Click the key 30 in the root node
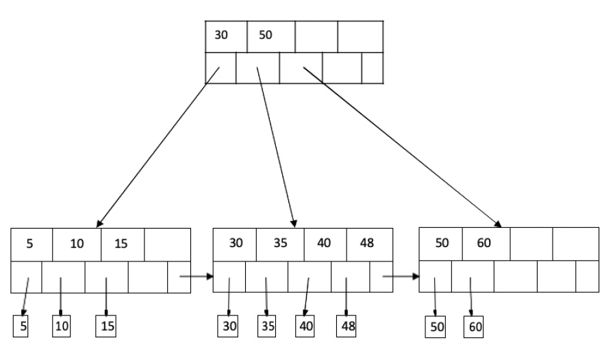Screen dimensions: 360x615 222,36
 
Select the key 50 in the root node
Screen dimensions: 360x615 265,36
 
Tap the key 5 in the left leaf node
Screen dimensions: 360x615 29,244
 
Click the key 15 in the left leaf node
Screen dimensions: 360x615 121,244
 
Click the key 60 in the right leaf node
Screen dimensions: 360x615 485,244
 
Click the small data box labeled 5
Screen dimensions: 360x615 23,327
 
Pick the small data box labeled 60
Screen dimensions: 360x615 473,327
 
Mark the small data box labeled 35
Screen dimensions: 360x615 266,327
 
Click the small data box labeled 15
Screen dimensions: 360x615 106,327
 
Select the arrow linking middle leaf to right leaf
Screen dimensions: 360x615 400,277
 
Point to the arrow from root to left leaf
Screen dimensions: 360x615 158,147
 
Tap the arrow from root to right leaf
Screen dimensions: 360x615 401,146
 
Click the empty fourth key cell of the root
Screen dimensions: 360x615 360,36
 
